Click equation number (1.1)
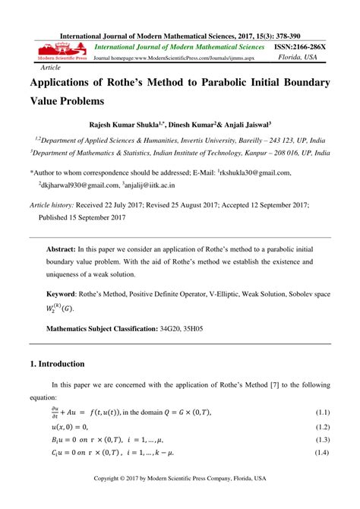[323, 412]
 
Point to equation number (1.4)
[323, 454]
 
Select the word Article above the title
[50, 67]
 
